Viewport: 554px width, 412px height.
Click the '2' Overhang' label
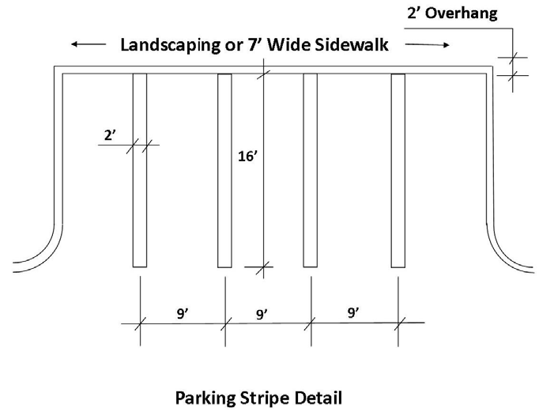click(x=451, y=13)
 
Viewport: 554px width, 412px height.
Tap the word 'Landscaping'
click(x=168, y=45)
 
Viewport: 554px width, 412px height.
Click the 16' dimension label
click(x=247, y=157)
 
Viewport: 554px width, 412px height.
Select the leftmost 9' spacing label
click(x=182, y=314)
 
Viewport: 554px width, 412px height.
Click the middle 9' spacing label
click(x=262, y=314)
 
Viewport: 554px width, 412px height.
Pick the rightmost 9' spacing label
click(x=353, y=313)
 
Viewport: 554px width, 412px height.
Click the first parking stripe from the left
click(x=140, y=170)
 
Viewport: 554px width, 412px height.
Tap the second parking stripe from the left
click(x=224, y=170)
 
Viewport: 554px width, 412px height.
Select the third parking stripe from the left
click(x=311, y=170)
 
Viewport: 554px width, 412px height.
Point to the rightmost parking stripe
click(x=398, y=170)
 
